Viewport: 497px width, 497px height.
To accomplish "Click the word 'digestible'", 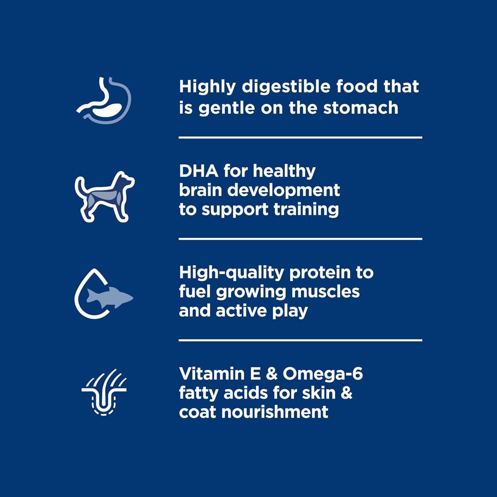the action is (x=286, y=87).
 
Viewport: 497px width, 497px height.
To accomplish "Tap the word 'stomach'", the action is (x=361, y=108).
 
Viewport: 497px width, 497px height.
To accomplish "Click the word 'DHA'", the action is (x=199, y=171).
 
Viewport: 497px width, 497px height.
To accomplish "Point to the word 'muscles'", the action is (x=325, y=292).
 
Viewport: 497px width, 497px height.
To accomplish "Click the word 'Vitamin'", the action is (x=212, y=374).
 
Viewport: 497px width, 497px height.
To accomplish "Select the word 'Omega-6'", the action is (x=323, y=374).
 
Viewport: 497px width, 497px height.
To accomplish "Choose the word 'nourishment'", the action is (x=275, y=412).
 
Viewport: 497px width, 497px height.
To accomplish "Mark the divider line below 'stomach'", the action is (x=300, y=137).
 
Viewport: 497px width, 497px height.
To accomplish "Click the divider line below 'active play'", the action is (x=300, y=340).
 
